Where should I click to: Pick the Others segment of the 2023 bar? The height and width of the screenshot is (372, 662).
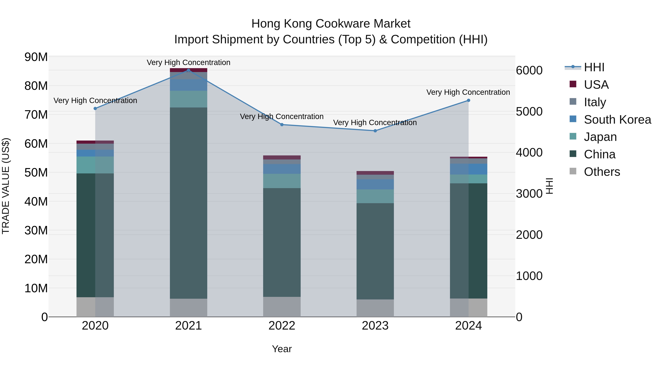point(375,308)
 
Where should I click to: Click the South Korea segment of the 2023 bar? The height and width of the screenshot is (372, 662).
point(375,184)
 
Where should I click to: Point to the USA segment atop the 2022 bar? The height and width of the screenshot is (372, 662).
point(282,157)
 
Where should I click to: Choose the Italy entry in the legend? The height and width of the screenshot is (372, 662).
point(595,102)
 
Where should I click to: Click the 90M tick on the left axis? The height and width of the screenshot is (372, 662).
point(36,57)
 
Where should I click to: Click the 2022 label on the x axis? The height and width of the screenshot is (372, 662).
point(282,326)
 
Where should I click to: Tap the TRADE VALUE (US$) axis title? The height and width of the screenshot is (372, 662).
point(6,186)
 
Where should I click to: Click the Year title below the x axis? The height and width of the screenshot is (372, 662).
point(282,349)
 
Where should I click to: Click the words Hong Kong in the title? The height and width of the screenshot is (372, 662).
point(282,24)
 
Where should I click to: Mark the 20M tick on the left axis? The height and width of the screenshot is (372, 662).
point(36,259)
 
